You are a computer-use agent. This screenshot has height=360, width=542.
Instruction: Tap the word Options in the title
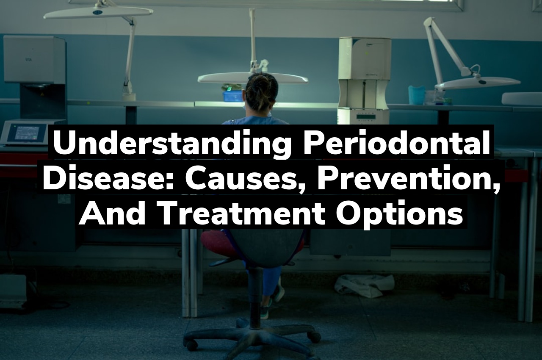(398, 213)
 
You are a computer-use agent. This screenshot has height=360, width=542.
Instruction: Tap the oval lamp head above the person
(253, 78)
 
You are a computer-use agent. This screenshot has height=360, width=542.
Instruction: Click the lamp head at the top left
(98, 12)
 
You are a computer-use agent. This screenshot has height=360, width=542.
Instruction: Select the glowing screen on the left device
(31, 132)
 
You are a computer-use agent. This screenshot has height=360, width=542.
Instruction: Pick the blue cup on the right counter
(416, 95)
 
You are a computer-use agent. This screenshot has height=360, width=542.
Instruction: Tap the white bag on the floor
(364, 285)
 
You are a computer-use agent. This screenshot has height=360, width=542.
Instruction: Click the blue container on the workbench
(233, 96)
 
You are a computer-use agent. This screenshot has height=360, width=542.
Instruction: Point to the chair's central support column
(255, 296)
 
